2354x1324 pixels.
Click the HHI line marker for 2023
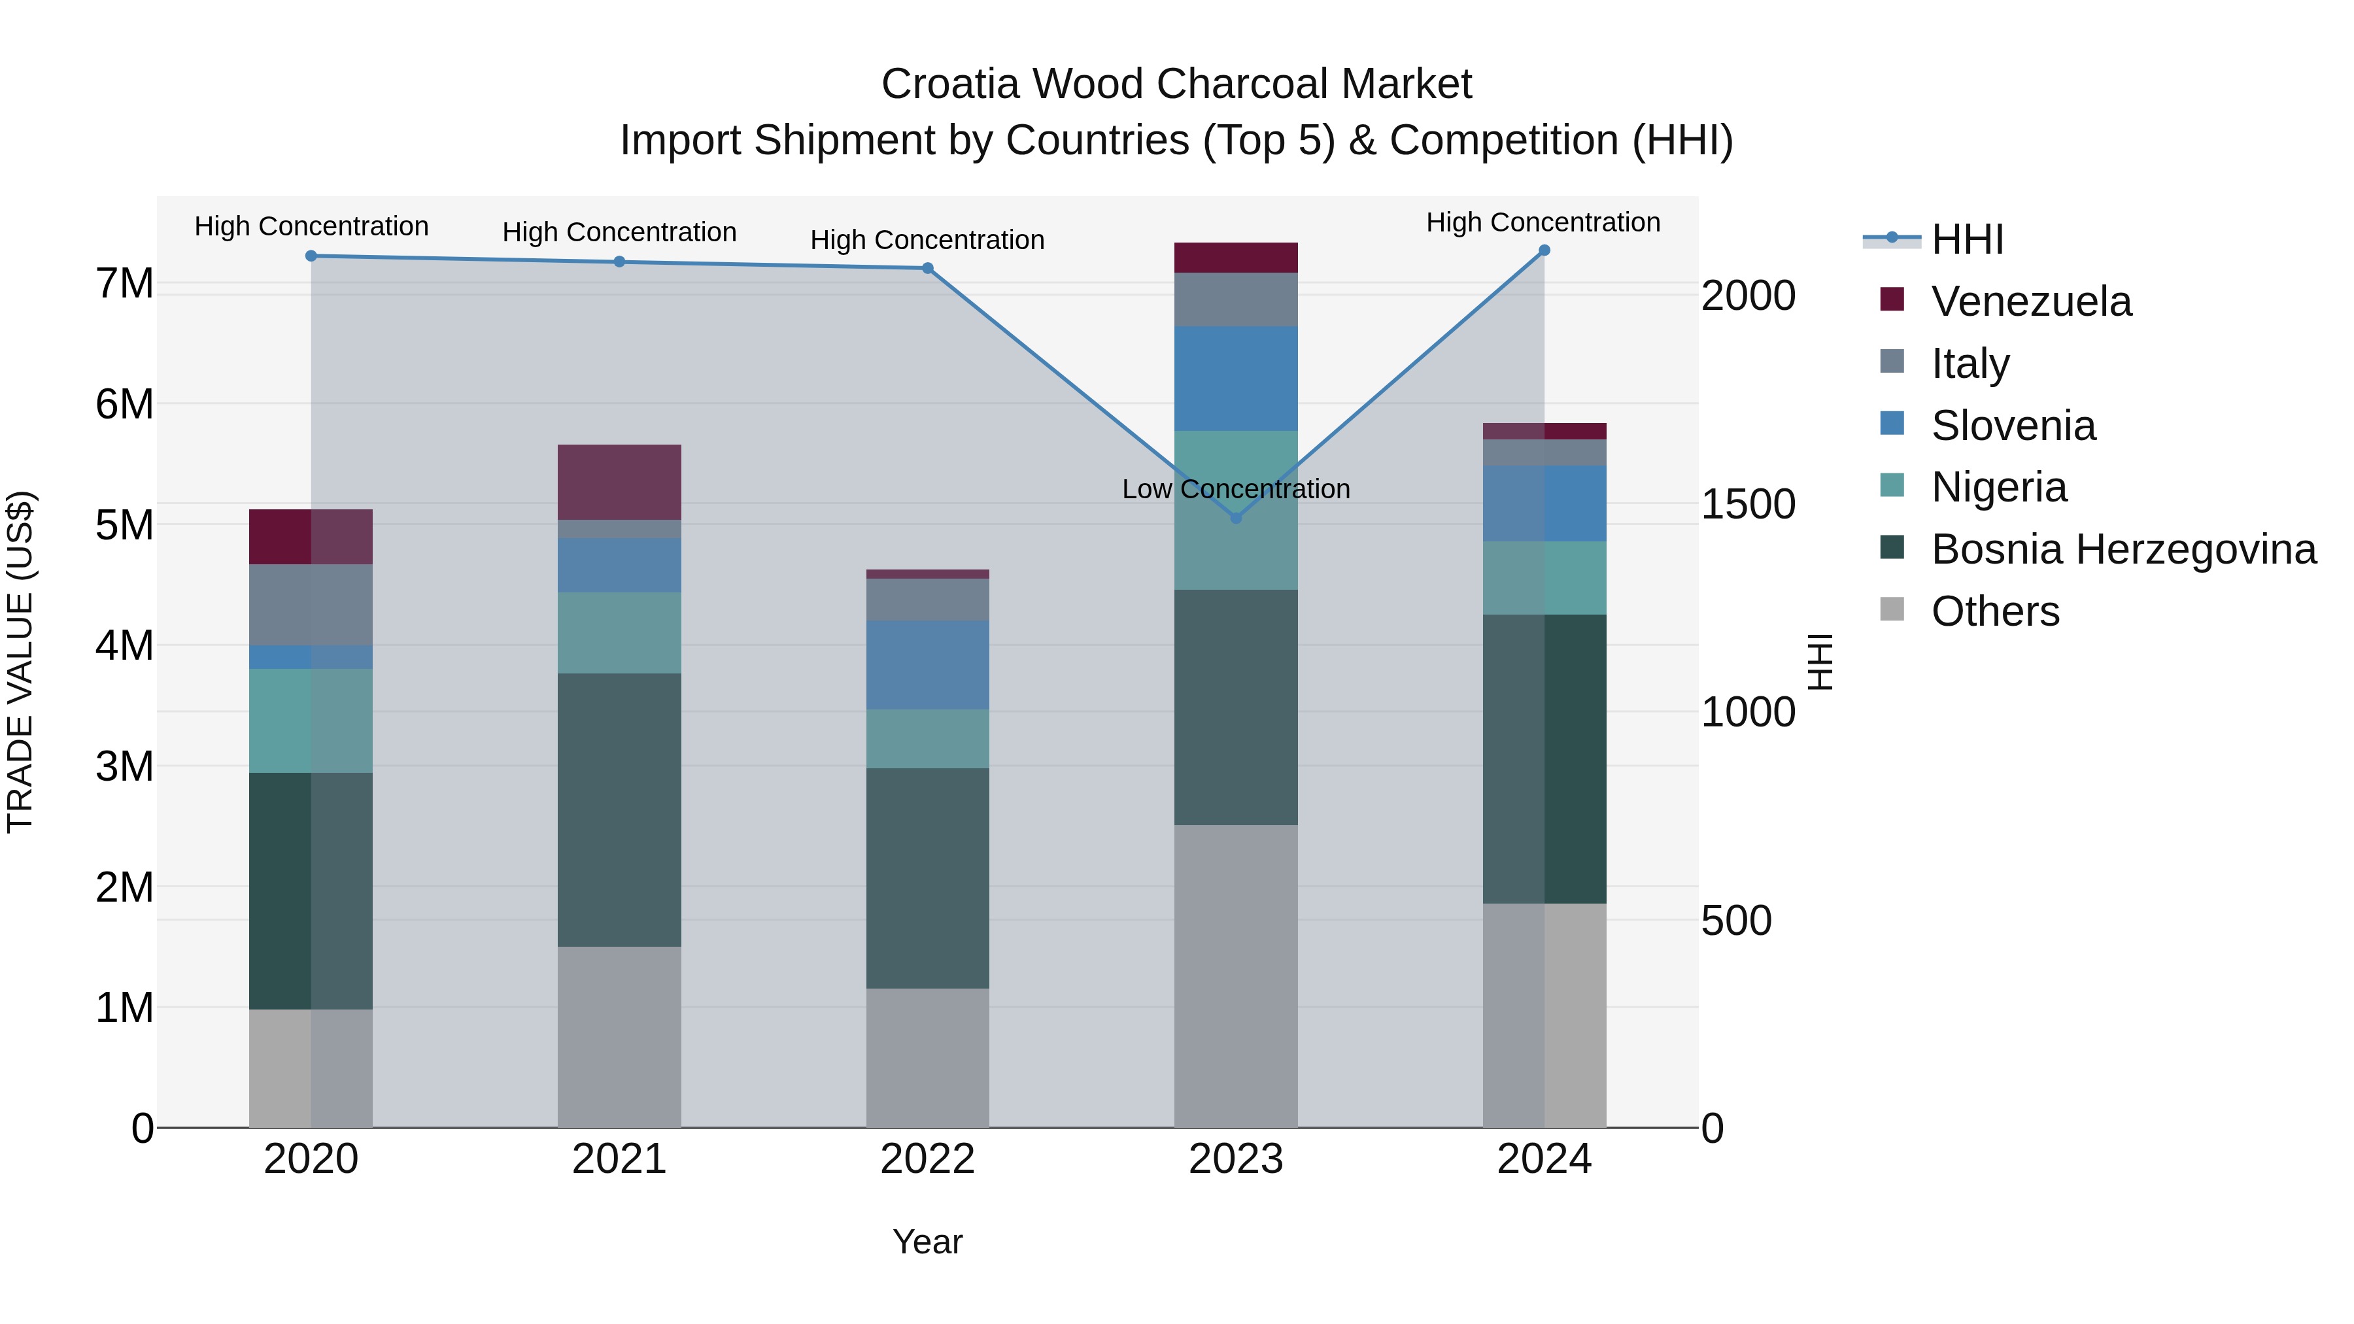coord(1235,518)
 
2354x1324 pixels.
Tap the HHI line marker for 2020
coord(311,256)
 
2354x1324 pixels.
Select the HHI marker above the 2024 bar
coord(1543,250)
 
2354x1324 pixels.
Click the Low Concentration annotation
coord(1235,489)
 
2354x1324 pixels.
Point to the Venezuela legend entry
coord(2030,301)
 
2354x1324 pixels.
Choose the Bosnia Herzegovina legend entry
coord(2123,549)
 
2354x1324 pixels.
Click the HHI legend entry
coord(1966,239)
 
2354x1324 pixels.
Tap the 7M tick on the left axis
coord(124,283)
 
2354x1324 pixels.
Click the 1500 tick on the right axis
coord(1747,504)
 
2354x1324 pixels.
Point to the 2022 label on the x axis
coord(927,1159)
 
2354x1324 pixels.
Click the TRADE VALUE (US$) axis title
coord(20,662)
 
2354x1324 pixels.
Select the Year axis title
coord(927,1242)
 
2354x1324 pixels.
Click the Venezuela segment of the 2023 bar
coord(1235,258)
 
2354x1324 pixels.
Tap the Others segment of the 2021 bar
coord(619,1036)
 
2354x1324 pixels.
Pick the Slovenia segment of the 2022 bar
coord(927,665)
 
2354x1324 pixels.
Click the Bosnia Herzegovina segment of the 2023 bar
coord(1235,707)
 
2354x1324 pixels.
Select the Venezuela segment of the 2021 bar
coord(619,483)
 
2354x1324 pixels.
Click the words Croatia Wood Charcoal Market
coord(1176,84)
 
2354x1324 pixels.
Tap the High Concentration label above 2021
coord(619,232)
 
